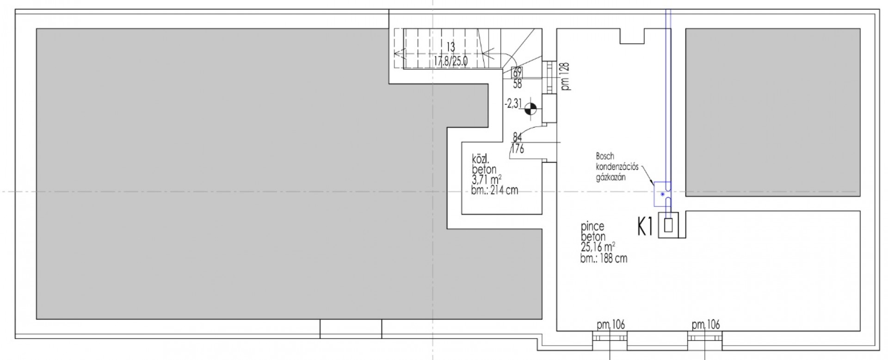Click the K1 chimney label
point(645,227)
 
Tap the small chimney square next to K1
point(668,225)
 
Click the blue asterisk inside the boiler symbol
point(663,194)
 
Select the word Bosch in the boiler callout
point(605,157)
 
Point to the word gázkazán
point(611,176)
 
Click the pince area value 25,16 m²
point(598,247)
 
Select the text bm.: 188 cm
point(604,258)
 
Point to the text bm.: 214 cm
point(494,190)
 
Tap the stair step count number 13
point(451,47)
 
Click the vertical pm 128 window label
point(566,76)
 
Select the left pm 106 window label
point(610,325)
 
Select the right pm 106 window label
point(706,325)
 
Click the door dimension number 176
point(517,149)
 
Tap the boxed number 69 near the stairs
point(517,72)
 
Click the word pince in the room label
point(592,227)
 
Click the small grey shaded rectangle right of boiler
point(773,112)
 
